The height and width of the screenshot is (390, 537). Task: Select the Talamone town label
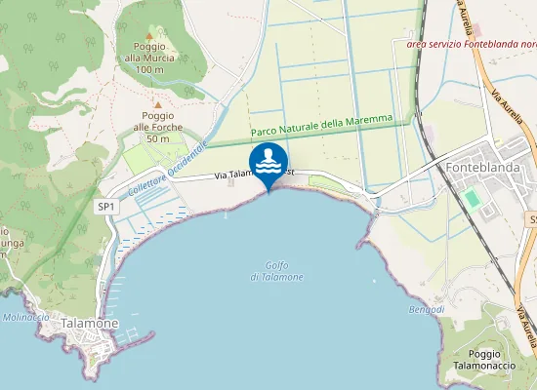(x=89, y=323)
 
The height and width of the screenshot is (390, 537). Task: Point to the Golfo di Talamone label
(x=276, y=271)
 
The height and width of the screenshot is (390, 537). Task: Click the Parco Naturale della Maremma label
(x=321, y=125)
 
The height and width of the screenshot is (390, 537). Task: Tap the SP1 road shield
(x=106, y=207)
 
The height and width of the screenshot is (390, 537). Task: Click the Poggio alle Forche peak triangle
(x=158, y=103)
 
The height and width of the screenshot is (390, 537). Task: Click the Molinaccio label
(x=26, y=317)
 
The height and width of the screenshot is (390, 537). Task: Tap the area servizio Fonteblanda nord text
(x=470, y=43)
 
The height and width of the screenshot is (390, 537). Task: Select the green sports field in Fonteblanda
(x=473, y=199)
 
